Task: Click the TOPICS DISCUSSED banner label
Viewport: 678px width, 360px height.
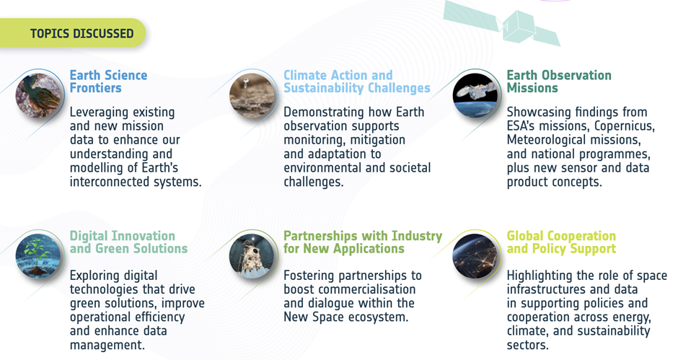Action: (x=82, y=33)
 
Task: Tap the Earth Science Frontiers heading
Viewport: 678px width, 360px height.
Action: (x=108, y=82)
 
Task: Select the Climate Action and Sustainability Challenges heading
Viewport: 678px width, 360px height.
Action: (x=357, y=82)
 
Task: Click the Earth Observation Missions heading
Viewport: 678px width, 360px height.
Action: (x=559, y=82)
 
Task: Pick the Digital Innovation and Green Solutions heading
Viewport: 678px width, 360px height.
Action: (x=128, y=242)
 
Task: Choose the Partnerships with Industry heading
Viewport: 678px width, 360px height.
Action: (x=363, y=242)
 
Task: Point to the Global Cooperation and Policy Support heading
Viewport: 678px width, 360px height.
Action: (x=561, y=242)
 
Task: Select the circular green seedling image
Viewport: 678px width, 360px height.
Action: (x=38, y=255)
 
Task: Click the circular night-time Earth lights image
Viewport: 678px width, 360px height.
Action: (x=475, y=255)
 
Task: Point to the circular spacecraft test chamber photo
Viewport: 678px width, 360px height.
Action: (x=252, y=255)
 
